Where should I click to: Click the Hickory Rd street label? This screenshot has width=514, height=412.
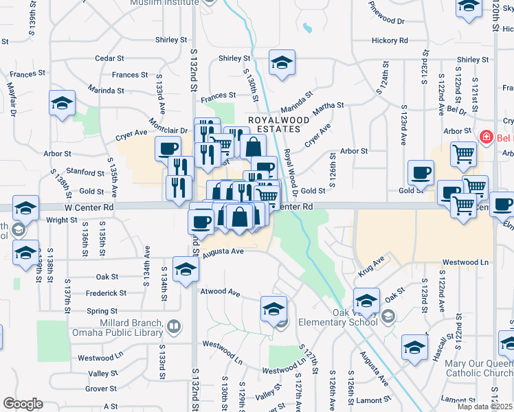click(390, 41)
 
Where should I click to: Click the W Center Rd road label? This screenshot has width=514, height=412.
click(89, 206)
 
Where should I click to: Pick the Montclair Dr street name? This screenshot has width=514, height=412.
click(168, 130)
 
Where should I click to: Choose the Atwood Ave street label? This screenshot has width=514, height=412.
click(220, 292)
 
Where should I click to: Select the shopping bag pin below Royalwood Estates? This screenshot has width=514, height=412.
click(253, 146)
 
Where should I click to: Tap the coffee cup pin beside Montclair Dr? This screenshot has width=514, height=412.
click(168, 148)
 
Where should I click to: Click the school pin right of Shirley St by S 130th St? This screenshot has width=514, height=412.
click(282, 62)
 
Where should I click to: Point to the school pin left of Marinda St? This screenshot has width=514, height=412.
click(62, 104)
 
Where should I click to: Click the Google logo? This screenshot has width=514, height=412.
click(23, 404)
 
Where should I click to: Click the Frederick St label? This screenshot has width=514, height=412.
click(106, 293)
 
